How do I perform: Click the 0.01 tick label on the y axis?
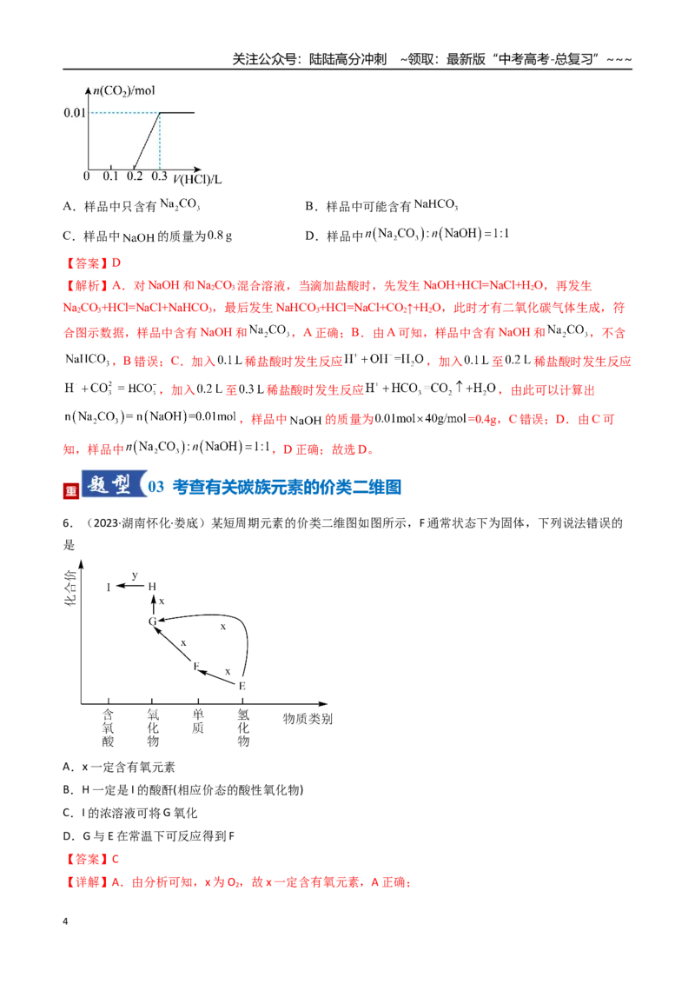(x=74, y=113)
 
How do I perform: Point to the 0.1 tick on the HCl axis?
(x=110, y=176)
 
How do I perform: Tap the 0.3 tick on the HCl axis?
(x=159, y=176)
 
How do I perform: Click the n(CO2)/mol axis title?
(x=124, y=91)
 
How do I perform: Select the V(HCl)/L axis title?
(x=197, y=179)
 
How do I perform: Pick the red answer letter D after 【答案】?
(x=116, y=263)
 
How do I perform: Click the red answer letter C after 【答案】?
(x=116, y=859)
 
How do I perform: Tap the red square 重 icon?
(x=71, y=491)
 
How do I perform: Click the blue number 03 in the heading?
(x=156, y=487)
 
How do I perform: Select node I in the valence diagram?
(x=109, y=588)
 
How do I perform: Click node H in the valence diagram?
(x=152, y=587)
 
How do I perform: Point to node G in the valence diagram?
(x=152, y=622)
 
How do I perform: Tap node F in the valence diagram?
(x=196, y=666)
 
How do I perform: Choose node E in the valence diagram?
(x=242, y=686)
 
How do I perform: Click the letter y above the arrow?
(x=135, y=575)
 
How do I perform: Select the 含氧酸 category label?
(x=109, y=728)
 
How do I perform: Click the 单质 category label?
(x=198, y=721)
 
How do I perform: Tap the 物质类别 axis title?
(x=308, y=719)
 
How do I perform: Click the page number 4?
(x=65, y=921)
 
